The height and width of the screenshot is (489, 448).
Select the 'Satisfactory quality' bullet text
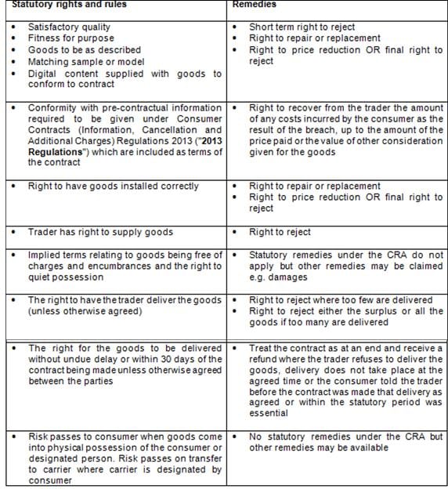(x=69, y=27)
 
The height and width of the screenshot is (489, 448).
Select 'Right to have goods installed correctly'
(x=113, y=187)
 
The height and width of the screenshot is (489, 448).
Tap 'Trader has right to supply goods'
(x=100, y=233)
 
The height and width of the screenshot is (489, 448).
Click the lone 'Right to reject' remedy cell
(x=280, y=233)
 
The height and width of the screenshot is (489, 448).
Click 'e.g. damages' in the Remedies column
(x=277, y=277)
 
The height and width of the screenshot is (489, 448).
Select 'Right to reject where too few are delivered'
(x=340, y=300)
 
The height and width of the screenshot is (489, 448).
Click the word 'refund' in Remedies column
(x=264, y=359)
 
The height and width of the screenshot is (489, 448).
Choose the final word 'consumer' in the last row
(x=48, y=481)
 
